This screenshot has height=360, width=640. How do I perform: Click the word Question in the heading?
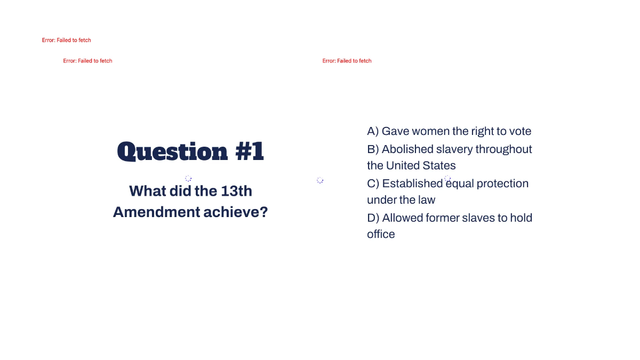(x=165, y=152)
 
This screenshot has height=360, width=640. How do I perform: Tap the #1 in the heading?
(x=250, y=152)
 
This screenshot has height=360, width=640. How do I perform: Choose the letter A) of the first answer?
(x=373, y=131)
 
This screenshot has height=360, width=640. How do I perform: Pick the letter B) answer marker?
(x=373, y=149)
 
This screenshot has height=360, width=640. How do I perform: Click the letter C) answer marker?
(x=373, y=183)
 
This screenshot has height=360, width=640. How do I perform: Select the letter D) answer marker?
(x=373, y=218)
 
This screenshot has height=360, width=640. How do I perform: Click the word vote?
(x=519, y=131)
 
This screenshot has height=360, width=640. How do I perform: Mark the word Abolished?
(x=407, y=149)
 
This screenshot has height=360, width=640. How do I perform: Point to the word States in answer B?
(x=438, y=165)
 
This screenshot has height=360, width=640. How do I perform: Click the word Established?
(x=412, y=183)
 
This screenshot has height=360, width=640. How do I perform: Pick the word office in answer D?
(x=381, y=234)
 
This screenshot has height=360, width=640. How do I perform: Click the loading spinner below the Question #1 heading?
(x=188, y=178)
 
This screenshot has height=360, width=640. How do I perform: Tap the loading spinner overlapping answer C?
(x=447, y=179)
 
